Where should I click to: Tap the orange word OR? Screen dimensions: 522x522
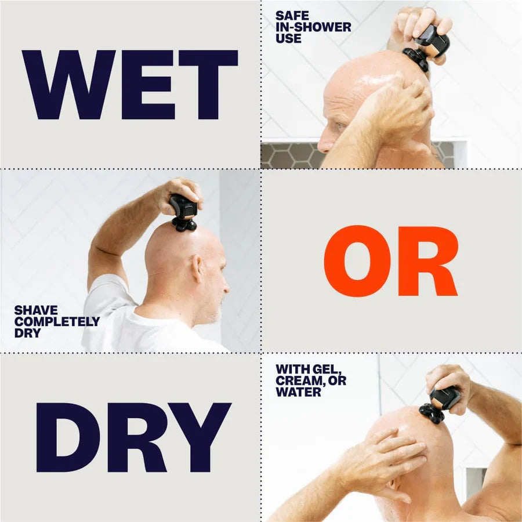point(390,262)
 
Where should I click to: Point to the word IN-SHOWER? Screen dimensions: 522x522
point(313,27)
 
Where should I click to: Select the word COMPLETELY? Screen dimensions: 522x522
point(57,322)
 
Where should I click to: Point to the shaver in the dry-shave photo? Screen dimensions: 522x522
point(184,212)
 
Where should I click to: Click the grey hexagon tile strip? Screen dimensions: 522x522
point(290,155)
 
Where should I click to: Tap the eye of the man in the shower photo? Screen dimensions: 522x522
point(338,126)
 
